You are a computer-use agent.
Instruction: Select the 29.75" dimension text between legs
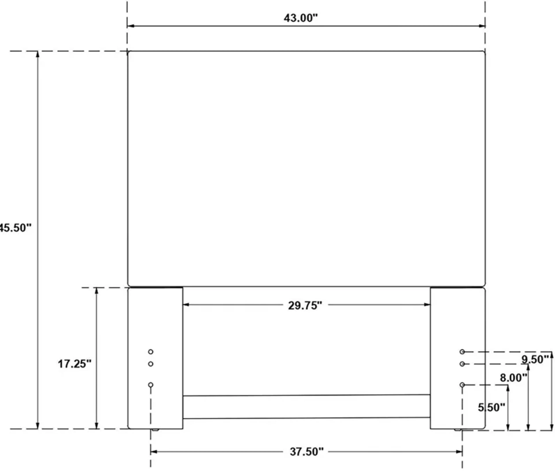[x=305, y=305]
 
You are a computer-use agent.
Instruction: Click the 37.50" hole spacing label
[x=307, y=452]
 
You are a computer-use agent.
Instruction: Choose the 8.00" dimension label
[x=514, y=378]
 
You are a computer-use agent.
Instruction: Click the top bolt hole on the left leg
[x=151, y=352]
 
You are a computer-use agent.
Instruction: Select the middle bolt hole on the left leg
[x=151, y=364]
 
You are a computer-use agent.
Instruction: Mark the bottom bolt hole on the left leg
[x=151, y=385]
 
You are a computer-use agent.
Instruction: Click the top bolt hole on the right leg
[x=462, y=352]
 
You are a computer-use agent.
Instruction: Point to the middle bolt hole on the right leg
[x=462, y=364]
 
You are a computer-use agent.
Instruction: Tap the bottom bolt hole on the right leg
[x=462, y=385]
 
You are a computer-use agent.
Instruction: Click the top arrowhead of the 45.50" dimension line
[x=38, y=54]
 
